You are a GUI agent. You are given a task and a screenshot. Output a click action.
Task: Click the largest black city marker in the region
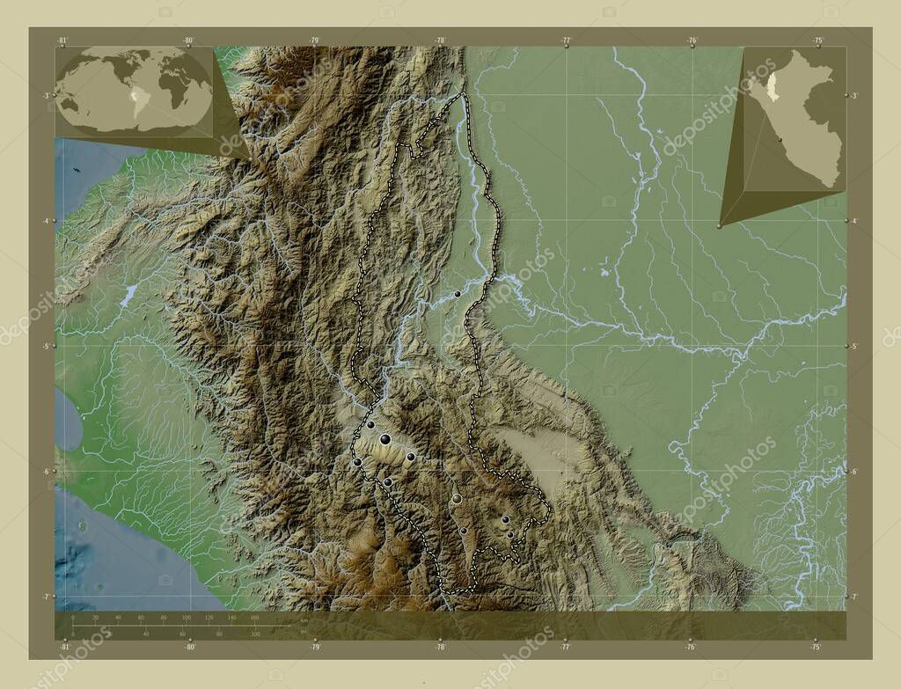(385, 438)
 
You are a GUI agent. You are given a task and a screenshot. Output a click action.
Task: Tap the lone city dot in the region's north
(458, 294)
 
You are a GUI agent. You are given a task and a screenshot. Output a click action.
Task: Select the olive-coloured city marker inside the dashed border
(456, 499)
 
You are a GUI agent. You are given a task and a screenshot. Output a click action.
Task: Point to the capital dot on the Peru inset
(780, 139)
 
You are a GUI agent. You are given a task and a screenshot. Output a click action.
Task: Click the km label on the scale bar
(304, 620)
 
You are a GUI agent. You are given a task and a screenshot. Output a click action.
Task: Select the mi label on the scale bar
(304, 632)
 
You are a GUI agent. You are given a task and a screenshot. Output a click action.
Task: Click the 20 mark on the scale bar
(95, 618)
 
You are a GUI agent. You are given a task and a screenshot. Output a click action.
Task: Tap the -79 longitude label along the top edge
(314, 40)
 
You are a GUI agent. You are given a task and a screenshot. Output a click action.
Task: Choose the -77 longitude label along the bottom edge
(566, 647)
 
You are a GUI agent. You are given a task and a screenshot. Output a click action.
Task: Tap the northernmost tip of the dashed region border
(464, 92)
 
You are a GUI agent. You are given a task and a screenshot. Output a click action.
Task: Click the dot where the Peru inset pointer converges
(720, 226)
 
